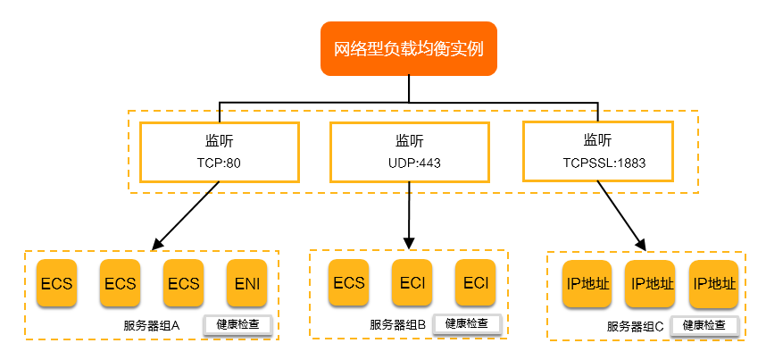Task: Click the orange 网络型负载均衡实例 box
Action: pos(408,48)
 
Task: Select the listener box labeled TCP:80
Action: pos(219,151)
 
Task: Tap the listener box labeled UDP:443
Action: pos(410,151)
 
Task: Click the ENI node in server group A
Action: pos(247,284)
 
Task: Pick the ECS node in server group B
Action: pos(349,283)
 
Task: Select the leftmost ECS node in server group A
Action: pos(57,284)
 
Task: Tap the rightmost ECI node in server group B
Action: pos(476,283)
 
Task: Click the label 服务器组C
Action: pos(635,326)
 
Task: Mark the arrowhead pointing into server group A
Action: pos(157,244)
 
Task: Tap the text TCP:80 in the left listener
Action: pos(219,163)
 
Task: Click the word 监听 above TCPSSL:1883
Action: pos(597,139)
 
